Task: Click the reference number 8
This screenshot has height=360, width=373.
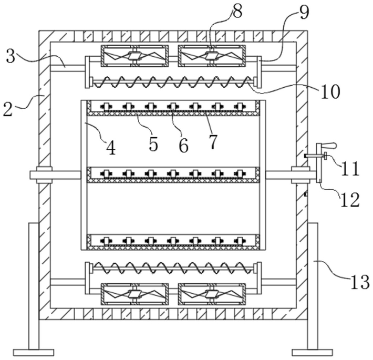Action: pyautogui.click(x=237, y=12)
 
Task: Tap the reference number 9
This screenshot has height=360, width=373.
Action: pyautogui.click(x=304, y=13)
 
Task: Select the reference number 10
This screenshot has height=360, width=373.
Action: pyautogui.click(x=330, y=91)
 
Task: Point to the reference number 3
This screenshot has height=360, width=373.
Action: pyautogui.click(x=11, y=56)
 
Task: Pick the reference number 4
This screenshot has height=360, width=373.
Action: pyautogui.click(x=111, y=148)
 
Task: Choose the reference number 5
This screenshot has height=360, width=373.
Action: pyautogui.click(x=153, y=144)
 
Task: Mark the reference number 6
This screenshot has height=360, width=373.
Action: pyautogui.click(x=183, y=145)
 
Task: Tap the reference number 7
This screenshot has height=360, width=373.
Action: pyautogui.click(x=213, y=142)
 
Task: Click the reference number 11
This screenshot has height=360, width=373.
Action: pyautogui.click(x=350, y=169)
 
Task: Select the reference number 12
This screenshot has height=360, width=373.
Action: pyautogui.click(x=350, y=199)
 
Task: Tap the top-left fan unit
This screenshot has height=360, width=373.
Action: pyautogui.click(x=134, y=56)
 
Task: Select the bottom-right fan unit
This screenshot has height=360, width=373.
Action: pyautogui.click(x=212, y=294)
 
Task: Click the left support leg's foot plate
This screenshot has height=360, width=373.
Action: pyautogui.click(x=34, y=353)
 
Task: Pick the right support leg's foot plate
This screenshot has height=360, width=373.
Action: pyautogui.click(x=313, y=353)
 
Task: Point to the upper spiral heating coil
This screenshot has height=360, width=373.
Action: pyautogui.click(x=173, y=82)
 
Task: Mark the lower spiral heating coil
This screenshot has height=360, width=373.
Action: pyautogui.click(x=173, y=268)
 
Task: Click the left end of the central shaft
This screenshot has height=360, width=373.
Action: pyautogui.click(x=30, y=175)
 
